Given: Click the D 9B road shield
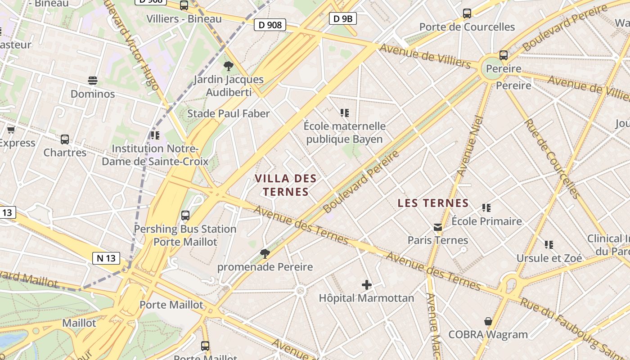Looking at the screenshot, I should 343,18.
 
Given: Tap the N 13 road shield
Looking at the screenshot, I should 106,258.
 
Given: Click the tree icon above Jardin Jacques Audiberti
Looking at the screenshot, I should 229,67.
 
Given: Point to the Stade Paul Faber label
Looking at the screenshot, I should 229,113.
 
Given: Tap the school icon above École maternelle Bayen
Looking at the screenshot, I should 345,113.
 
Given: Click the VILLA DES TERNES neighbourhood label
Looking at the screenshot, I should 286,185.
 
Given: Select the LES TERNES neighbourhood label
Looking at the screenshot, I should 433,203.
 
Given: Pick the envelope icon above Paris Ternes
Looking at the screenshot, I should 438,227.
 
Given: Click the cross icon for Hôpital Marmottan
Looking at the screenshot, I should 367,285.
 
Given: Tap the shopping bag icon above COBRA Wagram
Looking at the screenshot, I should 488,321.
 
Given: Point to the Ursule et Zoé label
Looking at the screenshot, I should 549,258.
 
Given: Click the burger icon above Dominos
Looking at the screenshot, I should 93,81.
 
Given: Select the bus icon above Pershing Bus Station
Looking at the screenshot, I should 185,216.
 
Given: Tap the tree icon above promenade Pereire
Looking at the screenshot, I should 265,254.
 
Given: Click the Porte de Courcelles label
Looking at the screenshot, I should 467,27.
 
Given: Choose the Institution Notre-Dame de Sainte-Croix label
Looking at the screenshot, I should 155,155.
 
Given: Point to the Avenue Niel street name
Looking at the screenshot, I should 470,146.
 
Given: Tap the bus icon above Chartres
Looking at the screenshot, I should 65,139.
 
